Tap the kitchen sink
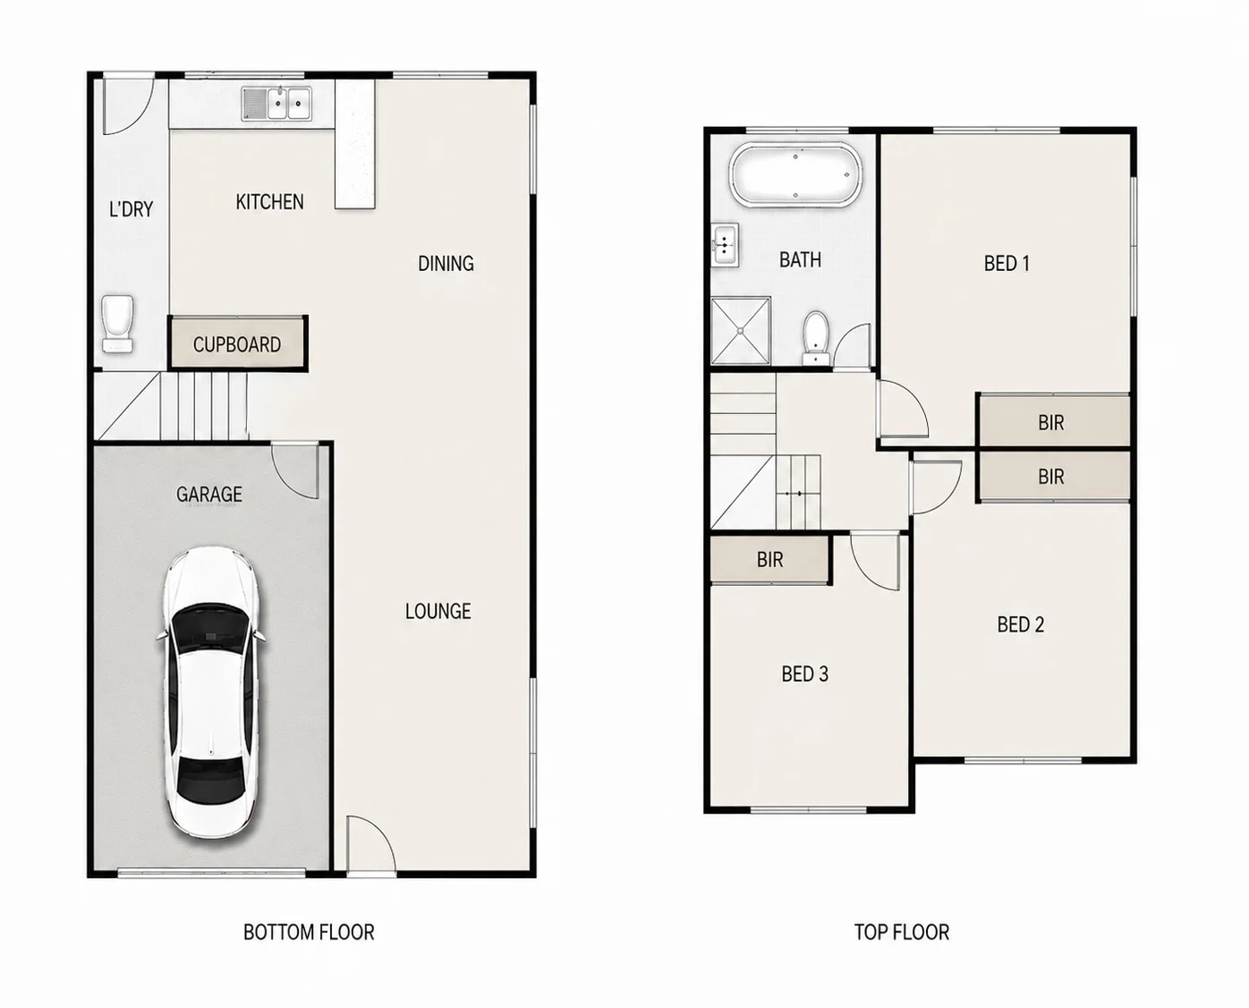click(276, 104)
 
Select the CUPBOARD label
click(237, 344)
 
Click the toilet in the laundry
click(118, 324)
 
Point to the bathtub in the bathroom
click(795, 174)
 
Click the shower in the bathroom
click(741, 331)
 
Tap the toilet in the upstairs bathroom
click(816, 337)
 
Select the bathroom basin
click(725, 244)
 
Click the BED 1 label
click(1007, 263)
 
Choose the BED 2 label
click(1021, 624)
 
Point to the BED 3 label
click(805, 674)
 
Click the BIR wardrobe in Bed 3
click(770, 560)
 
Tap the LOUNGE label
click(438, 611)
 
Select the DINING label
click(446, 264)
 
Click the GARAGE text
click(209, 494)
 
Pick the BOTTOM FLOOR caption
click(309, 932)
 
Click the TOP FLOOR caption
click(902, 932)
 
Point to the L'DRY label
click(132, 208)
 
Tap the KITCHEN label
click(269, 202)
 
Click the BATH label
click(801, 259)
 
